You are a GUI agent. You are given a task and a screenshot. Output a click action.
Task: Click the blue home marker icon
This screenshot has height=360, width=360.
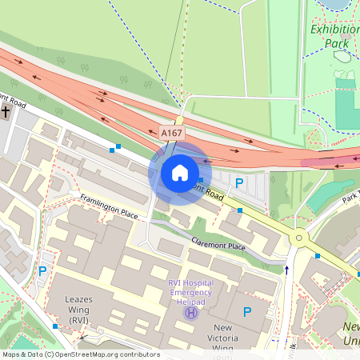click(180, 173)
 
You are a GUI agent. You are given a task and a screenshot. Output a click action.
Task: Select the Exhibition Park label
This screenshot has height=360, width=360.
click(334, 37)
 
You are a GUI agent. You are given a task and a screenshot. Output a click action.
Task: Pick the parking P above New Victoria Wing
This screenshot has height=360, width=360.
click(247, 312)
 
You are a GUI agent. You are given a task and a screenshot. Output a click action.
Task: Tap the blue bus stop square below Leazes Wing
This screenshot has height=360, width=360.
click(55, 326)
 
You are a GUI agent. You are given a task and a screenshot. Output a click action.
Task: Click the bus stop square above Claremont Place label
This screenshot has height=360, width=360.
click(239, 210)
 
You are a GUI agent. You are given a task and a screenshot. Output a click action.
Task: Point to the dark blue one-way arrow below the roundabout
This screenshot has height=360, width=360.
click(287, 270)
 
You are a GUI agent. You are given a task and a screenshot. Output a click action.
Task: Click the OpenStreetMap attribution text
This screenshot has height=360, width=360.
click(80, 354)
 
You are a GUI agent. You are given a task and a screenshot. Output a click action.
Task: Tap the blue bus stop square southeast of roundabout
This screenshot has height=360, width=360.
click(318, 256)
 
